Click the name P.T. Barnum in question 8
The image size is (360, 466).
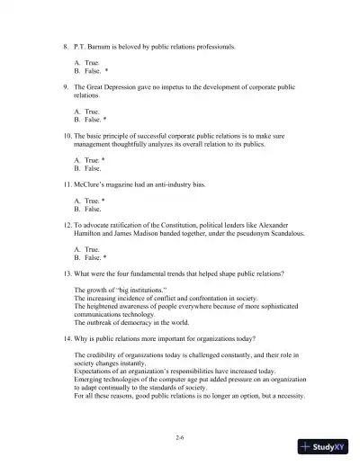point(93,45)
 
